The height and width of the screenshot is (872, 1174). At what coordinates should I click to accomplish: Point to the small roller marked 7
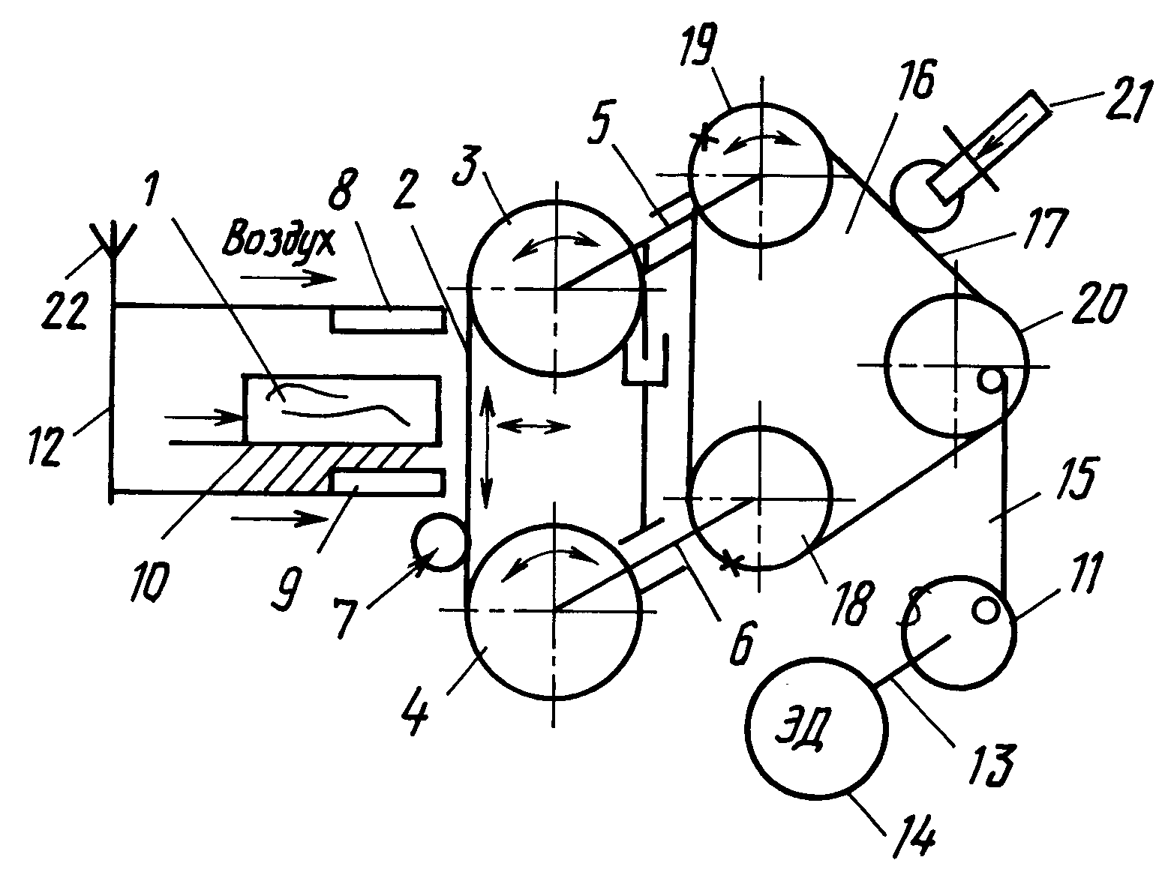pos(440,542)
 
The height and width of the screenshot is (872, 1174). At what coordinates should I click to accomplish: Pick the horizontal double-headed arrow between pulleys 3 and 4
pos(533,425)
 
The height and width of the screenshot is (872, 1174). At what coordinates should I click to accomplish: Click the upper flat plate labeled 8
pos(386,319)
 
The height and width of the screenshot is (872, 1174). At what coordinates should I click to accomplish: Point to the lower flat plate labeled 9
pos(386,481)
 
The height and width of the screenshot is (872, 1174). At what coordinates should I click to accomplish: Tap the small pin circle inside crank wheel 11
pos(985,611)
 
